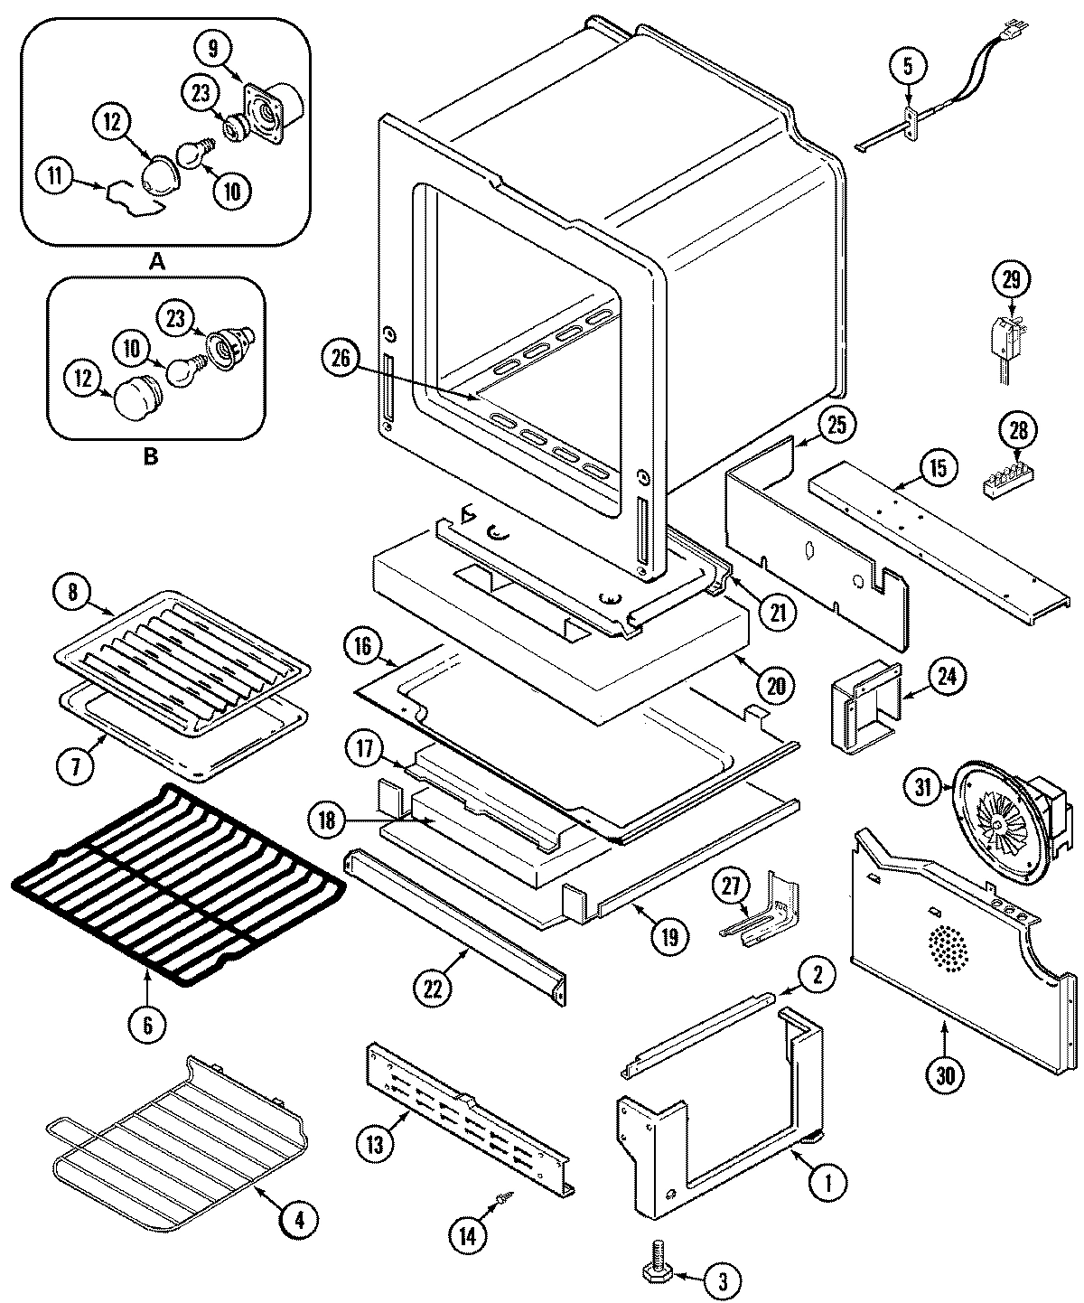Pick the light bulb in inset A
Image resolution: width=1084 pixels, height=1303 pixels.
coord(192,154)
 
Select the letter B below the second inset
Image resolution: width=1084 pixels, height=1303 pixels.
coord(150,456)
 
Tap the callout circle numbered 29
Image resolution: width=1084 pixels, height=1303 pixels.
coord(1011,279)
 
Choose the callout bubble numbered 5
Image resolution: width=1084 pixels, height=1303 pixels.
coord(908,65)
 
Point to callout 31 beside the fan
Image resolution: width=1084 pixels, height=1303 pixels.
coord(921,788)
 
